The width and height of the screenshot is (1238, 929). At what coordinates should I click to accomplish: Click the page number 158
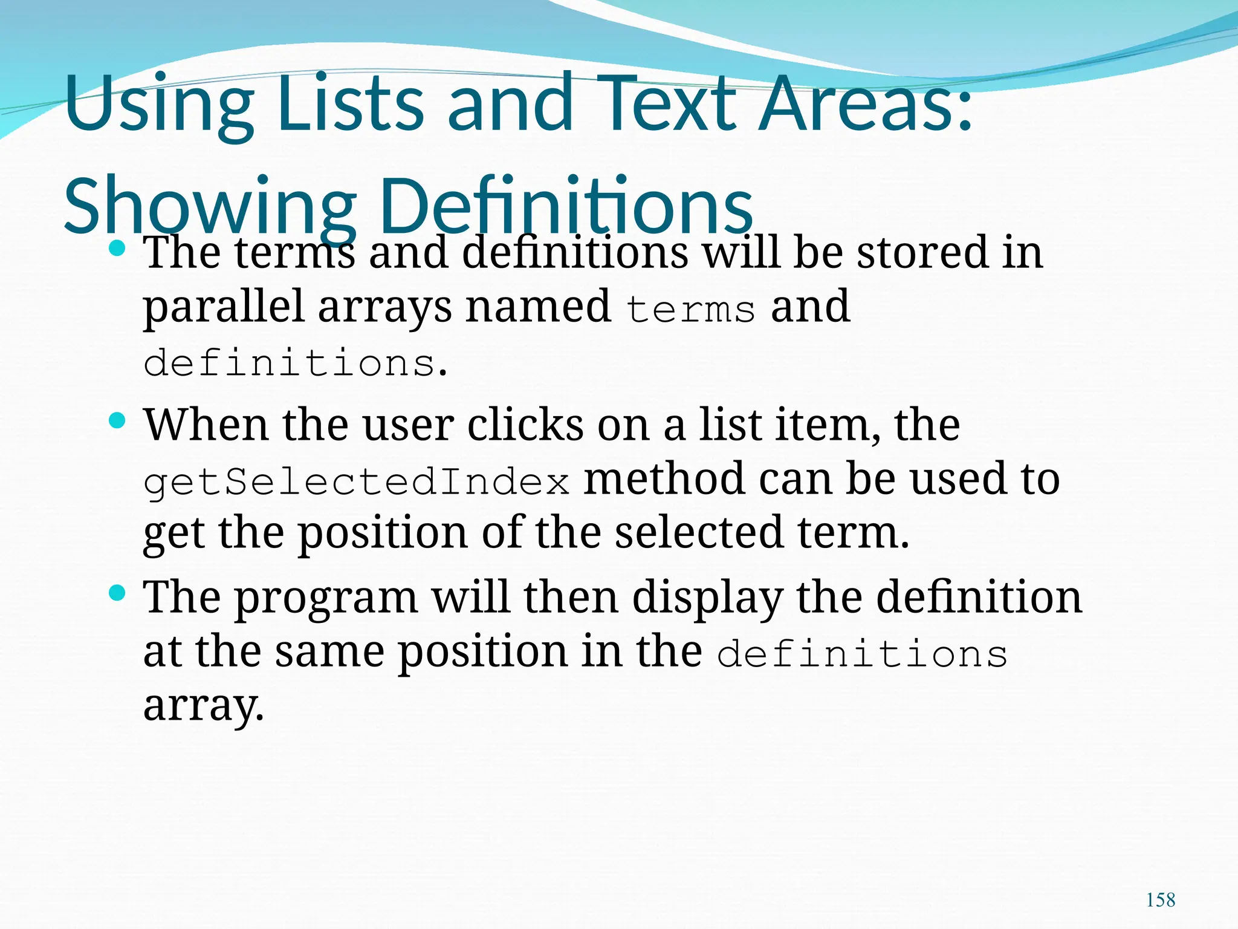pos(1161,900)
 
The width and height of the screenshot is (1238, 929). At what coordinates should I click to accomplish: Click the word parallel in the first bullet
pos(223,307)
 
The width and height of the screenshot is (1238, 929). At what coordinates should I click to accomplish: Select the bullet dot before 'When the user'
pos(117,420)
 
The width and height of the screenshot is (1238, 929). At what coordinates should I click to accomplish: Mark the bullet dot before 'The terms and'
pos(117,247)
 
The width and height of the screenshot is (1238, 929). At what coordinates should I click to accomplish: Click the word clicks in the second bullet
pos(525,425)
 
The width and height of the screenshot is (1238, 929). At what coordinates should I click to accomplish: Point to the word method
pos(664,478)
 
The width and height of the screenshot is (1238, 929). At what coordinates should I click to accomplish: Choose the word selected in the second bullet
pos(699,532)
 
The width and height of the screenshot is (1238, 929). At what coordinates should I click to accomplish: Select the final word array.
pos(204,706)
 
